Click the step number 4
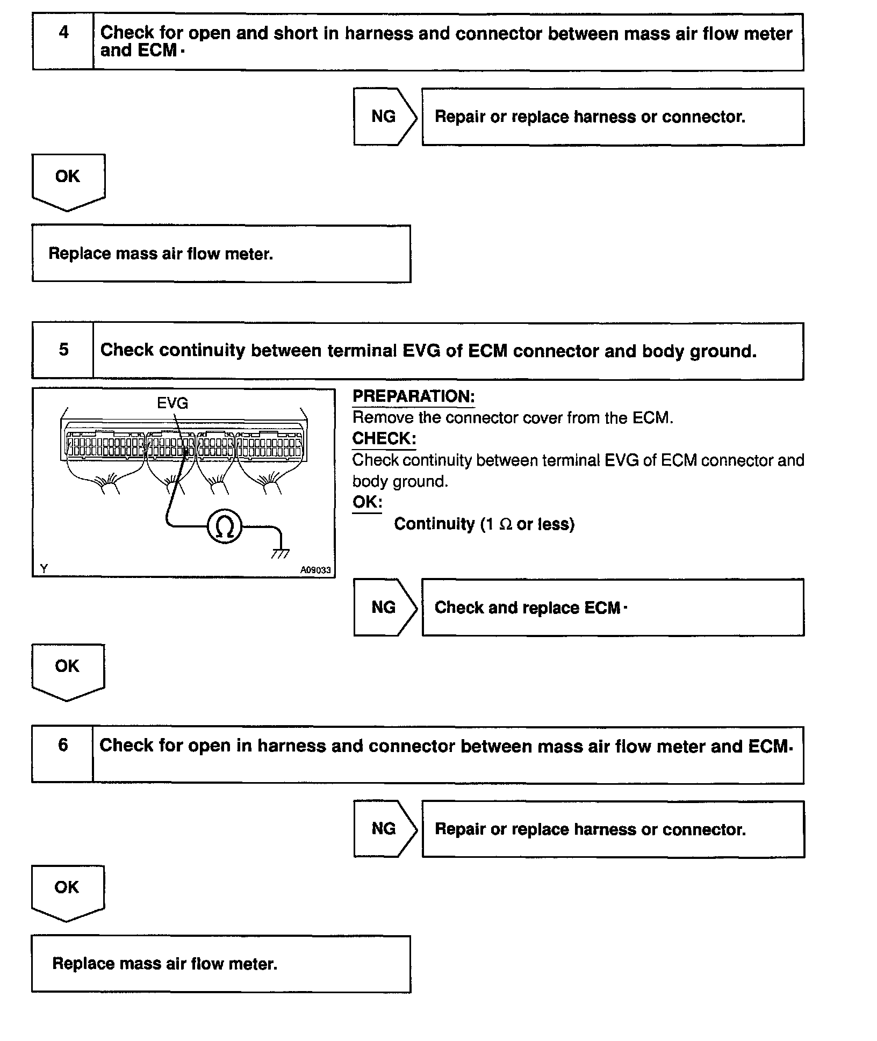63,33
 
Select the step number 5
63,350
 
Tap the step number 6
63,746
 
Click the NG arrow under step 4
384,117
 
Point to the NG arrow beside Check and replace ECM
384,608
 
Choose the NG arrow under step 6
384,829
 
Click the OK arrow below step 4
68,179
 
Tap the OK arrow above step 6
68,669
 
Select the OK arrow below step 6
67,891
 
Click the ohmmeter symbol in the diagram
225,527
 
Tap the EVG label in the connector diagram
172,403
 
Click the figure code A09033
315,570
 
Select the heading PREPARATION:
413,396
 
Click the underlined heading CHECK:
384,439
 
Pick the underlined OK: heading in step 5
367,502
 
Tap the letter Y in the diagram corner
44,569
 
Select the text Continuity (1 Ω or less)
484,524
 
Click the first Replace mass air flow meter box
221,254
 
